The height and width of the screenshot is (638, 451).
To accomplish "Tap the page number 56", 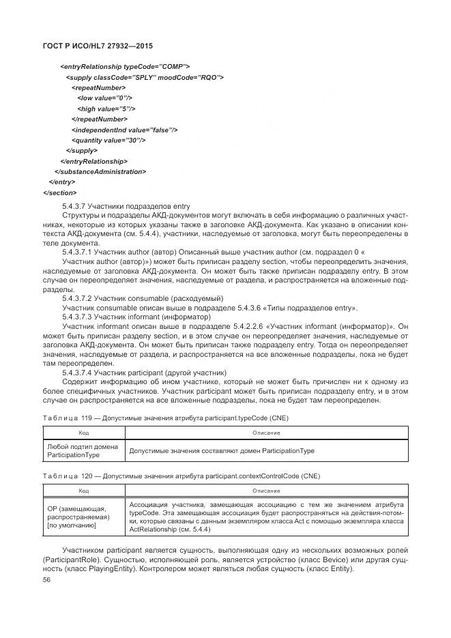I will [47, 579].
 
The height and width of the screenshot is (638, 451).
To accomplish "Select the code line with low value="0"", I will [104, 98].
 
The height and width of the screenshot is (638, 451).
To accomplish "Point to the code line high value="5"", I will [106, 108].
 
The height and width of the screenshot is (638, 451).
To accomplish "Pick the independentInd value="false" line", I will [124, 130].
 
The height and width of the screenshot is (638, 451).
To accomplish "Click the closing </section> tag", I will [60, 192].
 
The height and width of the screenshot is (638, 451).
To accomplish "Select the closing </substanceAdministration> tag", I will [100, 171].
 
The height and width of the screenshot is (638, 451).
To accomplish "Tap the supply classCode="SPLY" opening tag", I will [145, 77].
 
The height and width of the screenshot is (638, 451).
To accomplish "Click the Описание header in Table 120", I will [266, 491].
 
